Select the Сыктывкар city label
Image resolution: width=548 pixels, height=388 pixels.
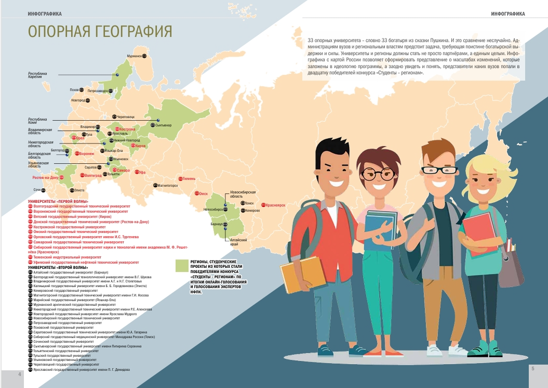coord(163,125)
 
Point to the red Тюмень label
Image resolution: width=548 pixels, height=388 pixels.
coord(189,178)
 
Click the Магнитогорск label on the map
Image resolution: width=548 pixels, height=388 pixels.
coord(167,185)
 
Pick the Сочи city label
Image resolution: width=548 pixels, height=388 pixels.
coord(37,189)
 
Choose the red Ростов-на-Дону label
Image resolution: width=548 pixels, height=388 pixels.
coord(45,177)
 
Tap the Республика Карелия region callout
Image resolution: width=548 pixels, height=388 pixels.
coord(37,75)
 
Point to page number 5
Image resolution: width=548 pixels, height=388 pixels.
coord(532,368)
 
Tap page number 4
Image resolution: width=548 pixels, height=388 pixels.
coord(20,374)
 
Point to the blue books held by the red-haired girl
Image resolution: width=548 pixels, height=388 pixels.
coord(380,229)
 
